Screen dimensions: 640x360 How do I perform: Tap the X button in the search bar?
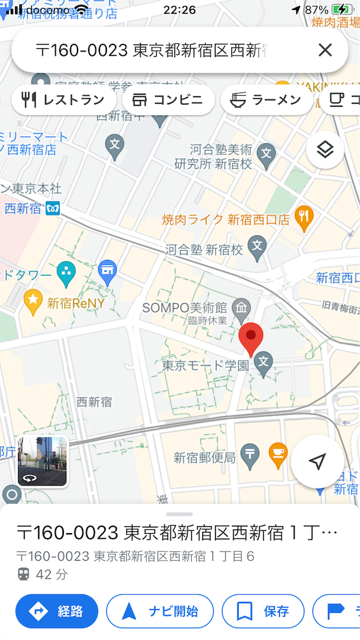click(325, 50)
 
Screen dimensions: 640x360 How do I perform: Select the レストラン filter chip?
click(64, 100)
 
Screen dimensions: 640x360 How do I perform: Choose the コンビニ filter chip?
click(168, 100)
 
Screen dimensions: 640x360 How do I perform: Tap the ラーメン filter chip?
click(267, 100)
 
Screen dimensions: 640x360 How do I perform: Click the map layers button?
click(325, 150)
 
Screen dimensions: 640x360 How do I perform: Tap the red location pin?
click(251, 338)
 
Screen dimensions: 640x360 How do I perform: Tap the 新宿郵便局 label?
click(204, 457)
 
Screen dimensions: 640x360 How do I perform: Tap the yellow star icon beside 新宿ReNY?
click(32, 302)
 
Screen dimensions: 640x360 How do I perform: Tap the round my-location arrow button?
click(317, 461)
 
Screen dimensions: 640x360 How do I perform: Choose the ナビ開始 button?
click(160, 611)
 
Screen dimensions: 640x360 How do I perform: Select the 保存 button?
click(263, 611)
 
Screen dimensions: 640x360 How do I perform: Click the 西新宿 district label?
click(94, 402)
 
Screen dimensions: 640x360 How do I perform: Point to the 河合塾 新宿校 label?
click(204, 249)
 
